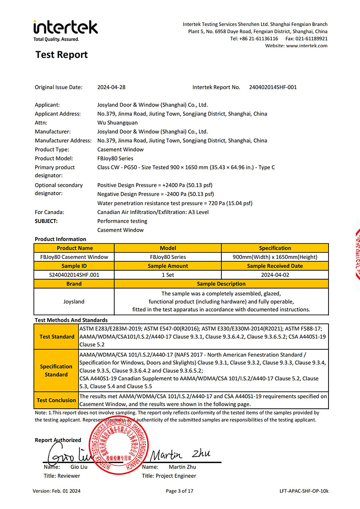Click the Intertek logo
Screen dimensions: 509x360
click(65, 29)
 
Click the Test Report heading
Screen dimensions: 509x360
click(62, 55)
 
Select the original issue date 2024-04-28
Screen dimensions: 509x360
click(111, 87)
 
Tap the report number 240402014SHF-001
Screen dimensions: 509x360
click(273, 87)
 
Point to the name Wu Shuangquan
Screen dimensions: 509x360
click(117, 122)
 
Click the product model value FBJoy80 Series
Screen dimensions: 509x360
click(115, 158)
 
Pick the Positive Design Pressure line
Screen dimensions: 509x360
click(155, 185)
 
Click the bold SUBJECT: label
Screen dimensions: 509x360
click(46, 221)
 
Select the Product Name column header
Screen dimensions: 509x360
click(75, 248)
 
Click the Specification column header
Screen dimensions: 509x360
click(275, 248)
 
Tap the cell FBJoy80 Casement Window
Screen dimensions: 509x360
click(74, 257)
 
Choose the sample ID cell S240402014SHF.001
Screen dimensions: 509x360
click(74, 275)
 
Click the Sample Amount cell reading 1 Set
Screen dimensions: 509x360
click(168, 275)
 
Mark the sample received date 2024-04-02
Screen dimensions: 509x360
click(275, 275)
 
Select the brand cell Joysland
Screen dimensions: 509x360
click(74, 301)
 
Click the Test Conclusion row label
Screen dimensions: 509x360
click(56, 400)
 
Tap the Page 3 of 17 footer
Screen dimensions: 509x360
click(180, 491)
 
